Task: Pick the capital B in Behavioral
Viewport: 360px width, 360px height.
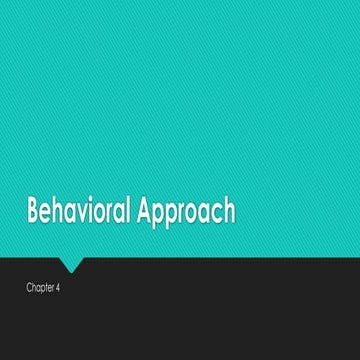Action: pyautogui.click(x=33, y=212)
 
